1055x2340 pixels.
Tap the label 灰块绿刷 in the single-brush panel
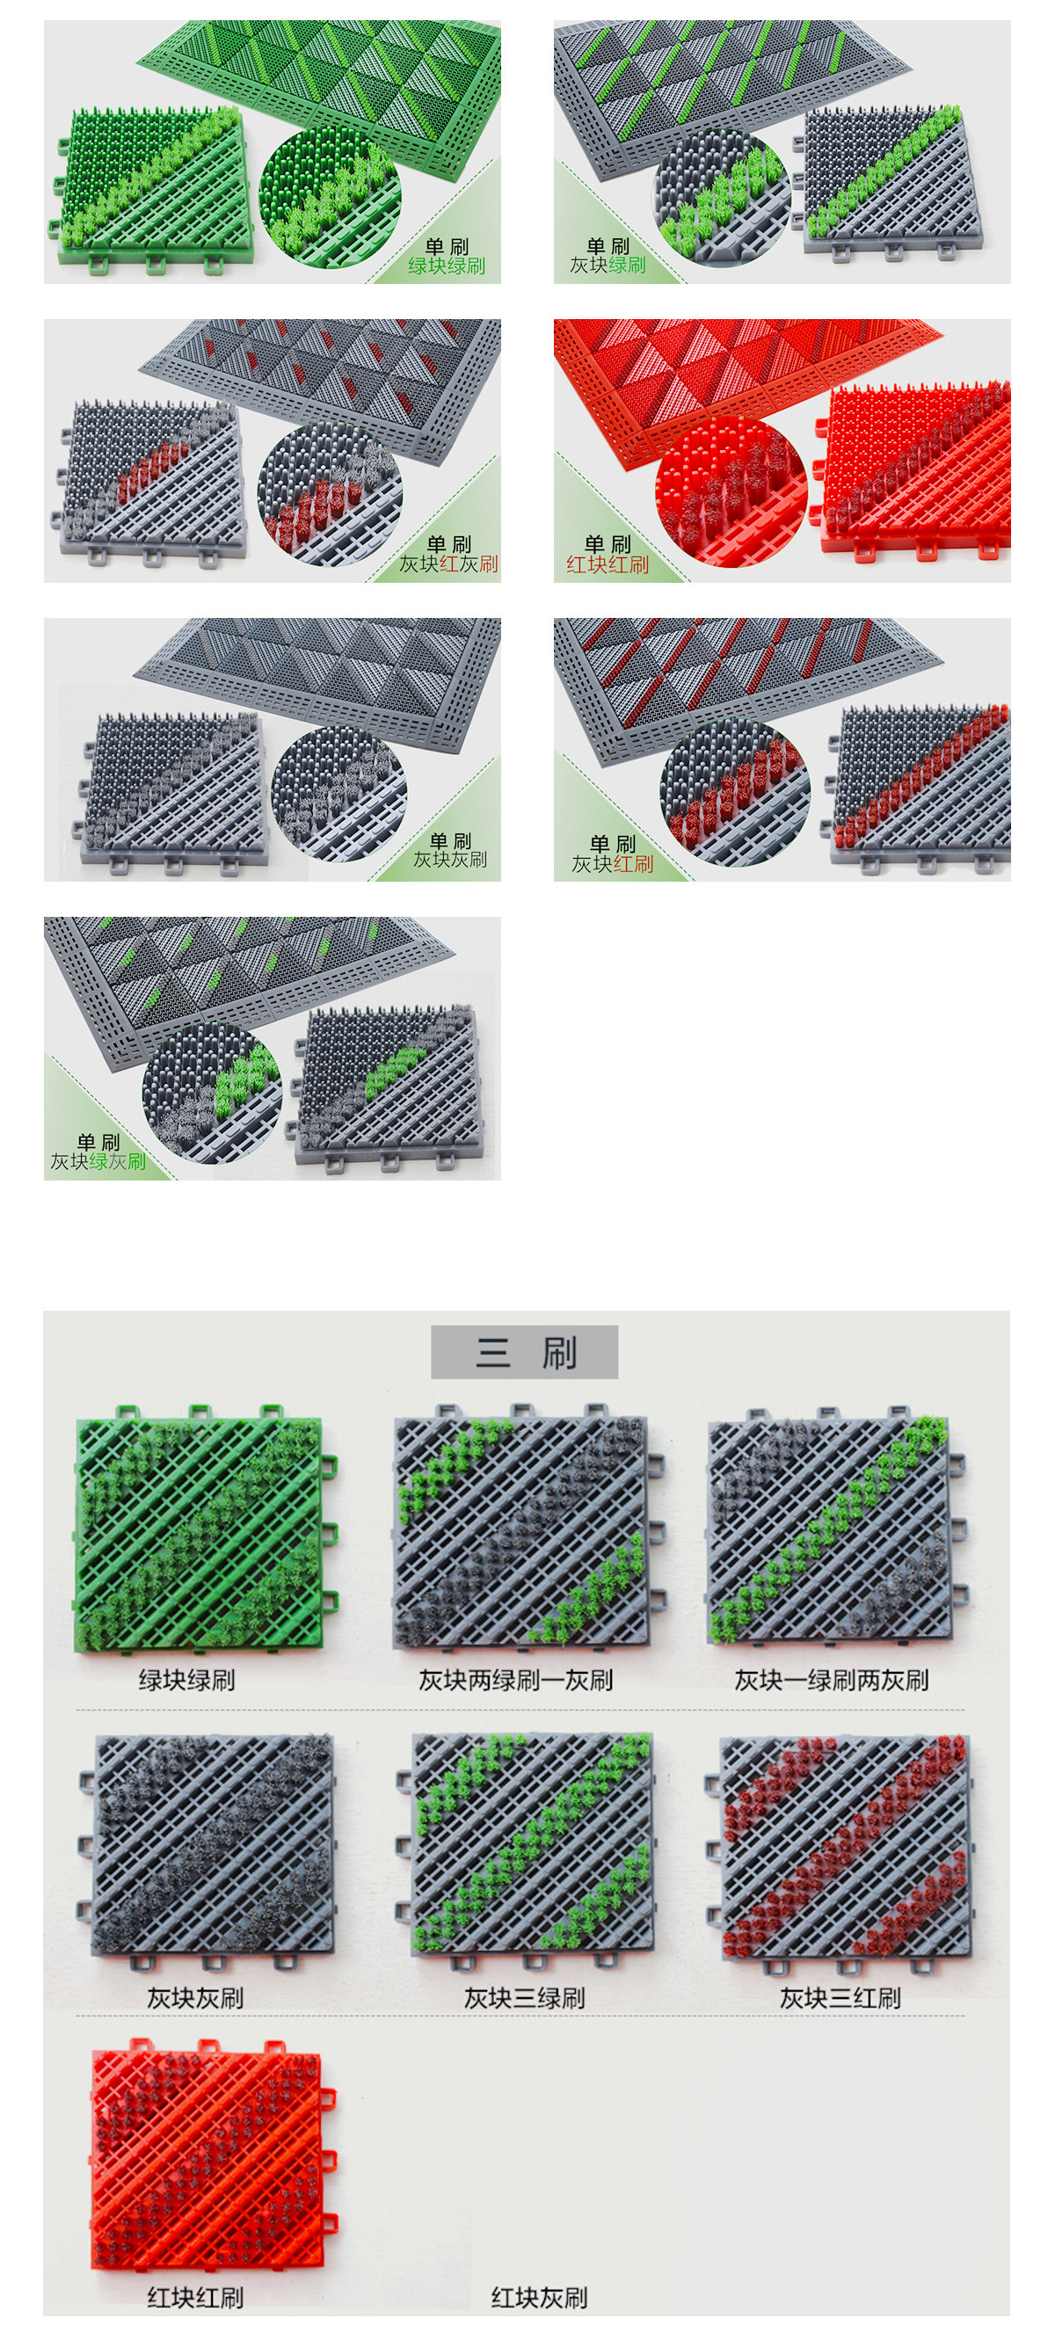(608, 265)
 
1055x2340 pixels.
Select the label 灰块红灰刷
(449, 564)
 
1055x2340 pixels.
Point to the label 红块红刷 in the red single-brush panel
(608, 565)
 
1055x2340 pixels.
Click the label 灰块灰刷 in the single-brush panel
(451, 860)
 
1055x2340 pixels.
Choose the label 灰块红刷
(613, 864)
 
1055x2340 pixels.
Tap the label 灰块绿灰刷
(98, 1161)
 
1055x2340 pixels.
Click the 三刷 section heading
(525, 1353)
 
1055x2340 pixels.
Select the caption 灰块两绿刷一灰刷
(516, 1681)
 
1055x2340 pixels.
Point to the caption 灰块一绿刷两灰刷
(832, 1681)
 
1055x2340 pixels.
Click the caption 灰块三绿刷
(524, 1997)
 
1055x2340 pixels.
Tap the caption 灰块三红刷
(840, 1997)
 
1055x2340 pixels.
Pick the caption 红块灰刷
(540, 2297)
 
